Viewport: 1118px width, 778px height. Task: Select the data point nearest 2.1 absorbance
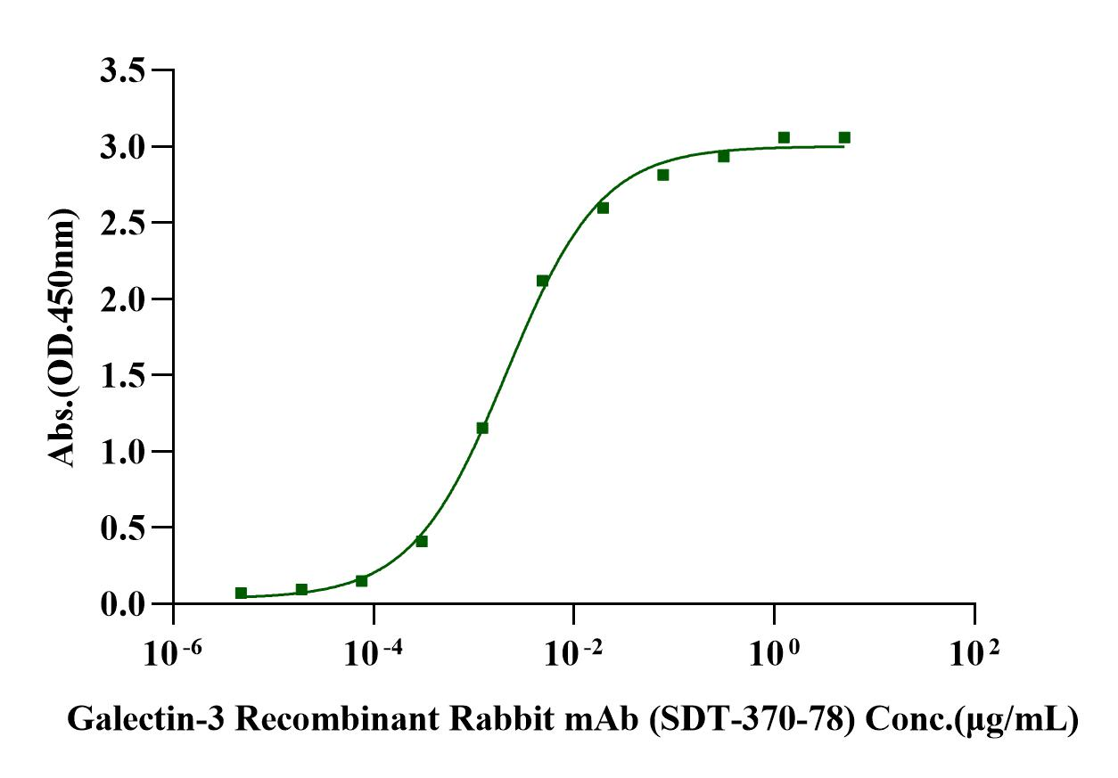pyautogui.click(x=542, y=281)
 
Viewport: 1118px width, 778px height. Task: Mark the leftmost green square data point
pyautogui.click(x=241, y=593)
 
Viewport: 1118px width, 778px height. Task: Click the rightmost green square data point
pyautogui.click(x=844, y=137)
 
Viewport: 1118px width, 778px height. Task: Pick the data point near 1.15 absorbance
pyautogui.click(x=482, y=428)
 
